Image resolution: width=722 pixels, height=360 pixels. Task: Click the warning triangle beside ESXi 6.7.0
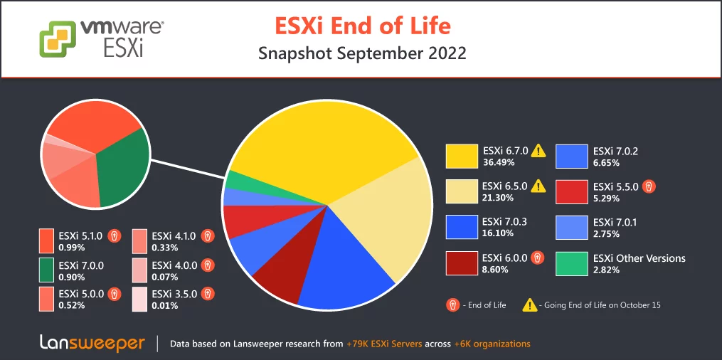pyautogui.click(x=538, y=150)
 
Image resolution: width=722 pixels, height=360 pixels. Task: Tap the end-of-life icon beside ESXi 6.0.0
pyautogui.click(x=538, y=258)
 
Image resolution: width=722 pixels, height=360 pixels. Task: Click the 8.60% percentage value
pyautogui.click(x=496, y=270)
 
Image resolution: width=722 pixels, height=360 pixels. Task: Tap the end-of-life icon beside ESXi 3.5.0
pyautogui.click(x=208, y=293)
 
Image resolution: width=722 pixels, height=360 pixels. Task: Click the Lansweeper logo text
pyautogui.click(x=92, y=344)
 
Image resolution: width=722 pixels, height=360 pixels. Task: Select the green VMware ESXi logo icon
pyautogui.click(x=58, y=39)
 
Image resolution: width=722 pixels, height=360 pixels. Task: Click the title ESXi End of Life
pyautogui.click(x=363, y=26)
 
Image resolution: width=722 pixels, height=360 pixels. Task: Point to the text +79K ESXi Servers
pyautogui.click(x=384, y=344)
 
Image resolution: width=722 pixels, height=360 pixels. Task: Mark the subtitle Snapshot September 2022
pyautogui.click(x=362, y=53)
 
